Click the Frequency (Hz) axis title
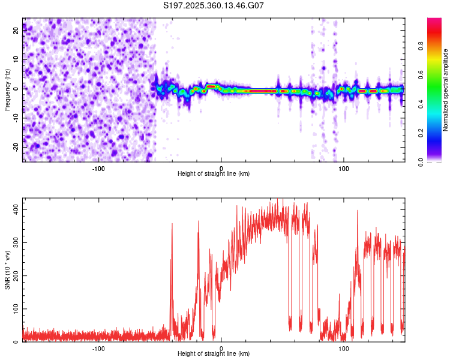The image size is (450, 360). (x=7, y=90)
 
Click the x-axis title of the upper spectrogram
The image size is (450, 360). (x=214, y=173)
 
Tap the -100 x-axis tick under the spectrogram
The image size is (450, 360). (x=98, y=167)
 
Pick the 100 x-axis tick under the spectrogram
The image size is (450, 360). (x=344, y=167)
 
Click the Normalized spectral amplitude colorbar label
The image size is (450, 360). (x=445, y=90)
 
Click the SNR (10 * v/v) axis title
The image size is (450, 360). (x=7, y=270)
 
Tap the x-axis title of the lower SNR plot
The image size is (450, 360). (x=214, y=354)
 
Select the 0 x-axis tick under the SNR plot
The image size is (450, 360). (x=221, y=348)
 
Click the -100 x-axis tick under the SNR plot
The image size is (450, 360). (x=98, y=348)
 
